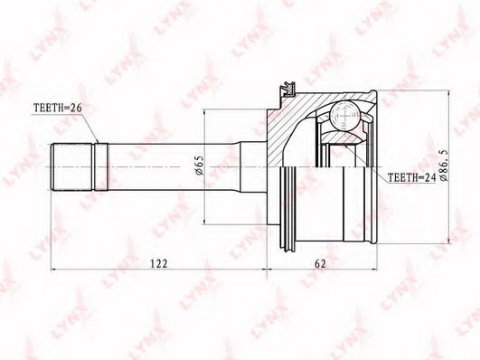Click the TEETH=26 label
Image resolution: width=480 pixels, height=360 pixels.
coord(58,108)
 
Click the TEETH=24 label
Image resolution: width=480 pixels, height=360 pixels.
coord(411,177)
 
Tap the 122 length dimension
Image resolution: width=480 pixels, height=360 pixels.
coord(159,263)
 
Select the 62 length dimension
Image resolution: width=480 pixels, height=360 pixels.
coord(320,263)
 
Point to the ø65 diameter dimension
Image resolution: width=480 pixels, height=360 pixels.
coord(199,166)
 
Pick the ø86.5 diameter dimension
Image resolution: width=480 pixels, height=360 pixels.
coord(444,166)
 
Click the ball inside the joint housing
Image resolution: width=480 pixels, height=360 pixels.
coord(345,117)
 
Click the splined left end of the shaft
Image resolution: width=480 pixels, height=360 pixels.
coord(72,166)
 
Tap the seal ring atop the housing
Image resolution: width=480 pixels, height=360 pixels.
coord(288,90)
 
